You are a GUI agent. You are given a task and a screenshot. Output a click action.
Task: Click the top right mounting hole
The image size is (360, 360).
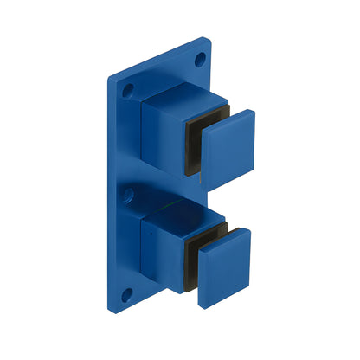pos(201,60)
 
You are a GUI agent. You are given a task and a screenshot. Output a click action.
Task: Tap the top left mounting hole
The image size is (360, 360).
pos(129,89)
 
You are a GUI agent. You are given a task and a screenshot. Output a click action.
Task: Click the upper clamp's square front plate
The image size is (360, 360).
pos(227,146)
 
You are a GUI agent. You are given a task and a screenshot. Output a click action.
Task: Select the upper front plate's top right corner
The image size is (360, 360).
pos(254,111)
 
